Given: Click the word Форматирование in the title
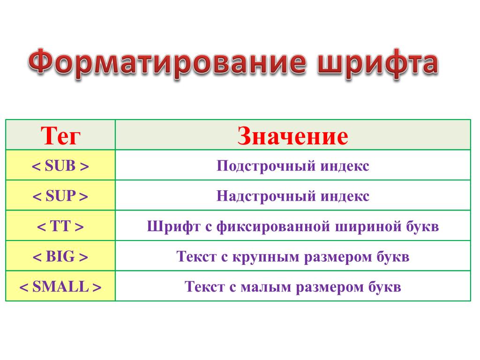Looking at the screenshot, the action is tap(167, 64).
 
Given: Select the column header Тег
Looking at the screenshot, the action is tap(60, 135).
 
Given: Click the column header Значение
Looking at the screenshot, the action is tap(292, 135).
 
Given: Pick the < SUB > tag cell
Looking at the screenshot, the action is tap(60, 165).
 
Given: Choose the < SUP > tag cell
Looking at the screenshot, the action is tap(60, 195).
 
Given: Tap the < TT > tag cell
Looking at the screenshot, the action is tap(60, 226).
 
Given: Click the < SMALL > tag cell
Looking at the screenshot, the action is tap(60, 286).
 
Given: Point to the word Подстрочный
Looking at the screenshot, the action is tap(266, 166).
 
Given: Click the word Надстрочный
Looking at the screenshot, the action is tap(266, 196).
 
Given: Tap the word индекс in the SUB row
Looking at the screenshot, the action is tap(345, 165).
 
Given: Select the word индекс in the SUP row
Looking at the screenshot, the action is tap(345, 196).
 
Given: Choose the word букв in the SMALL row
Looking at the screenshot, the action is tap(384, 286).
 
